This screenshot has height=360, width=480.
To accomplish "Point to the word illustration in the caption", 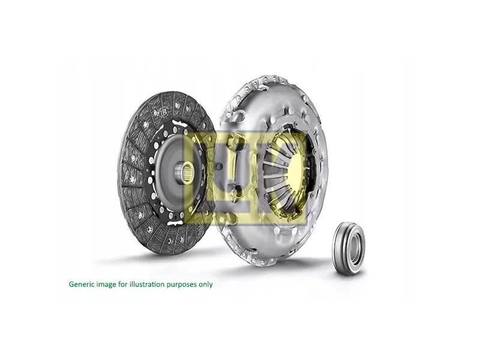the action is (x=146, y=284).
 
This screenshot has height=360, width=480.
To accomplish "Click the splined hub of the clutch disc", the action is (x=184, y=172).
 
